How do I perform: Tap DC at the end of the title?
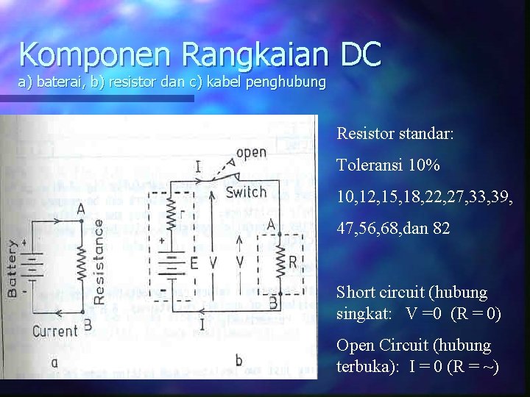(x=360, y=54)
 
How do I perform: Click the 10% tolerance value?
(x=425, y=165)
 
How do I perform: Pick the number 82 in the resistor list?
(x=441, y=228)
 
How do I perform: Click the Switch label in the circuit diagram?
(x=246, y=193)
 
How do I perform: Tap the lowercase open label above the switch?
(x=251, y=154)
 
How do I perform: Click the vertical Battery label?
(x=13, y=268)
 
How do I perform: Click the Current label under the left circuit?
(x=55, y=332)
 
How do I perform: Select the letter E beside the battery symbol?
(x=194, y=261)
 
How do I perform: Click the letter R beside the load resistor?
(x=292, y=262)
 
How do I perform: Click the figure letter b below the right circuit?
(x=238, y=360)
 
